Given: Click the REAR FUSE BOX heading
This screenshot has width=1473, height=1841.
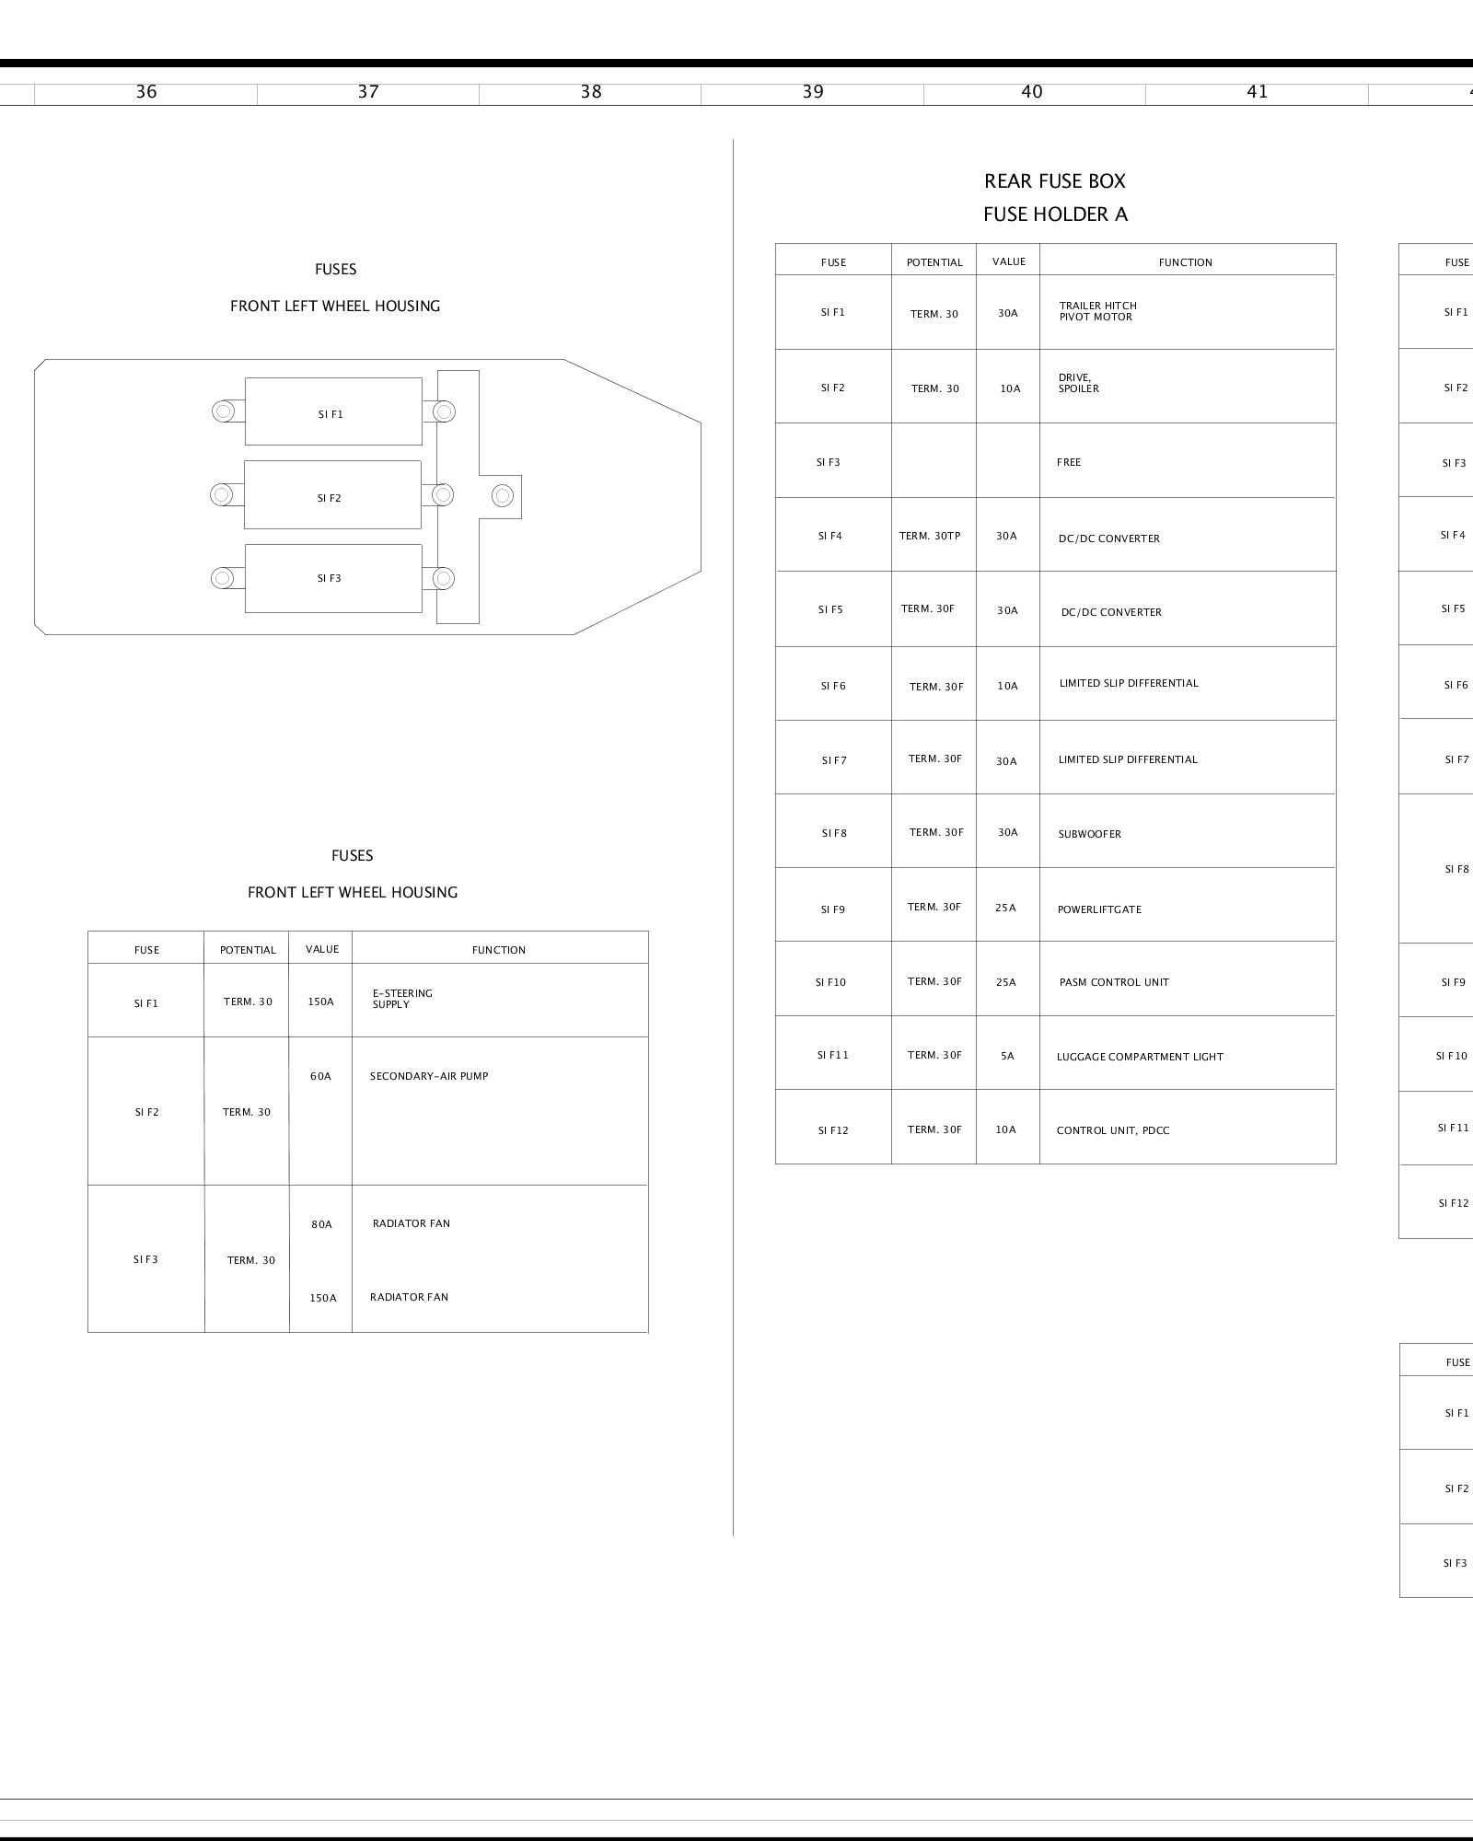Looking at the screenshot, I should coord(1055,181).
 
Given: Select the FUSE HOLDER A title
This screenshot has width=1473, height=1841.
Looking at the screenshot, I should coord(1055,214).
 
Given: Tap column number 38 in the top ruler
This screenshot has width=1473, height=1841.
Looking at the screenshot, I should coord(591,92).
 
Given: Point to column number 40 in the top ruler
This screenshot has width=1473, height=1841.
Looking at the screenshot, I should coord(1032,92).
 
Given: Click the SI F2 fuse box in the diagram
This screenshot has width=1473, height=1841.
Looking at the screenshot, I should coord(332,495).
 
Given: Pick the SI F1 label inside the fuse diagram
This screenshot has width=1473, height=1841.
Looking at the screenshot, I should coord(331,415).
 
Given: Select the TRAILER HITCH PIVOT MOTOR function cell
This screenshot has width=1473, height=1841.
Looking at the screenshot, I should coord(1097,312).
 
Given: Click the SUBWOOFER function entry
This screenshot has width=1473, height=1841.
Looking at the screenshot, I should coord(1089,834).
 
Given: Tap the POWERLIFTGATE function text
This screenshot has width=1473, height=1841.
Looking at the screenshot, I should coord(1099,909).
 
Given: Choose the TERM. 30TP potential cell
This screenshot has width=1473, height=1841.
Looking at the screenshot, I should coord(930,536).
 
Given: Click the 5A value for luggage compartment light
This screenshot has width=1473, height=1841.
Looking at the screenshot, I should coord(1007,1057).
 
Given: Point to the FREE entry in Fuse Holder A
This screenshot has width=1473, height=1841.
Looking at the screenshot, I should coord(1069,462).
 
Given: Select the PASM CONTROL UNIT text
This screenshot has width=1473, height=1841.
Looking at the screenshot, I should coord(1114,982).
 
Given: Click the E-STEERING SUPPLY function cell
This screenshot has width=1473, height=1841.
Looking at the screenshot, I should coord(402,999).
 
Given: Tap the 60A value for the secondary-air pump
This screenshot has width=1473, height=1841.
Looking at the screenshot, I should coord(320,1076).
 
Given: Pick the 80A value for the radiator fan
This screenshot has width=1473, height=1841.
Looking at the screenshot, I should coord(321,1224).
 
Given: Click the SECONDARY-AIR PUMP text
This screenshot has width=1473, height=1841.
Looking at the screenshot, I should coord(429,1076).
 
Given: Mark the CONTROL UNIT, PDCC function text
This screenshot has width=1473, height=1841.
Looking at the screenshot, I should coord(1113,1130).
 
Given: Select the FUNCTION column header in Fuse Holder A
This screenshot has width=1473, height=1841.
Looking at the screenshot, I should coord(1185,262).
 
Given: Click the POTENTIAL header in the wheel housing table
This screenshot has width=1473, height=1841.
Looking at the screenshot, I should coord(248,950).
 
